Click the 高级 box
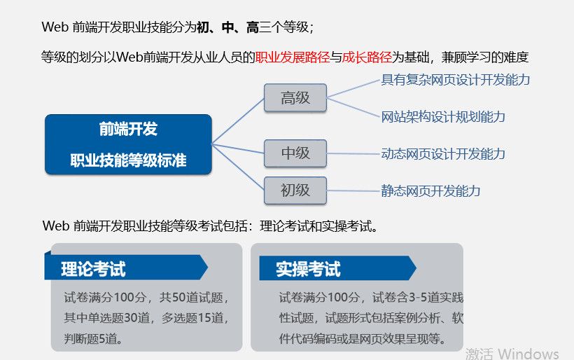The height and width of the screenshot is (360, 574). click(295, 98)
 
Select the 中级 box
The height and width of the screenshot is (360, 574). click(295, 153)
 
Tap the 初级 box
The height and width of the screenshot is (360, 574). click(295, 191)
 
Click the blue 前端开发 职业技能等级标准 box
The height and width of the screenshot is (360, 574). click(128, 144)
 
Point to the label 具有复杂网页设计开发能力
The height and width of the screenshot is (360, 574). click(455, 80)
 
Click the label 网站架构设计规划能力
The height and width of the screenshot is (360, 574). click(443, 116)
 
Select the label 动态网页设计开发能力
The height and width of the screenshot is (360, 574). click(443, 153)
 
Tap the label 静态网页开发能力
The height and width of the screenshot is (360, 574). click(430, 191)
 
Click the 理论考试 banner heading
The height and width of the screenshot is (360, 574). click(93, 268)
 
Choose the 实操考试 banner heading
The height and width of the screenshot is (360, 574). click(308, 268)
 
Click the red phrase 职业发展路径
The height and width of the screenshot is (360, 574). click(292, 57)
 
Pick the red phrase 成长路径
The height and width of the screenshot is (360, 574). click(366, 57)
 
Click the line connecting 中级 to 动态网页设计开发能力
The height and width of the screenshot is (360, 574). click(353, 153)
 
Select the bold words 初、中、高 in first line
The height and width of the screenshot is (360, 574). click(223, 27)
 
